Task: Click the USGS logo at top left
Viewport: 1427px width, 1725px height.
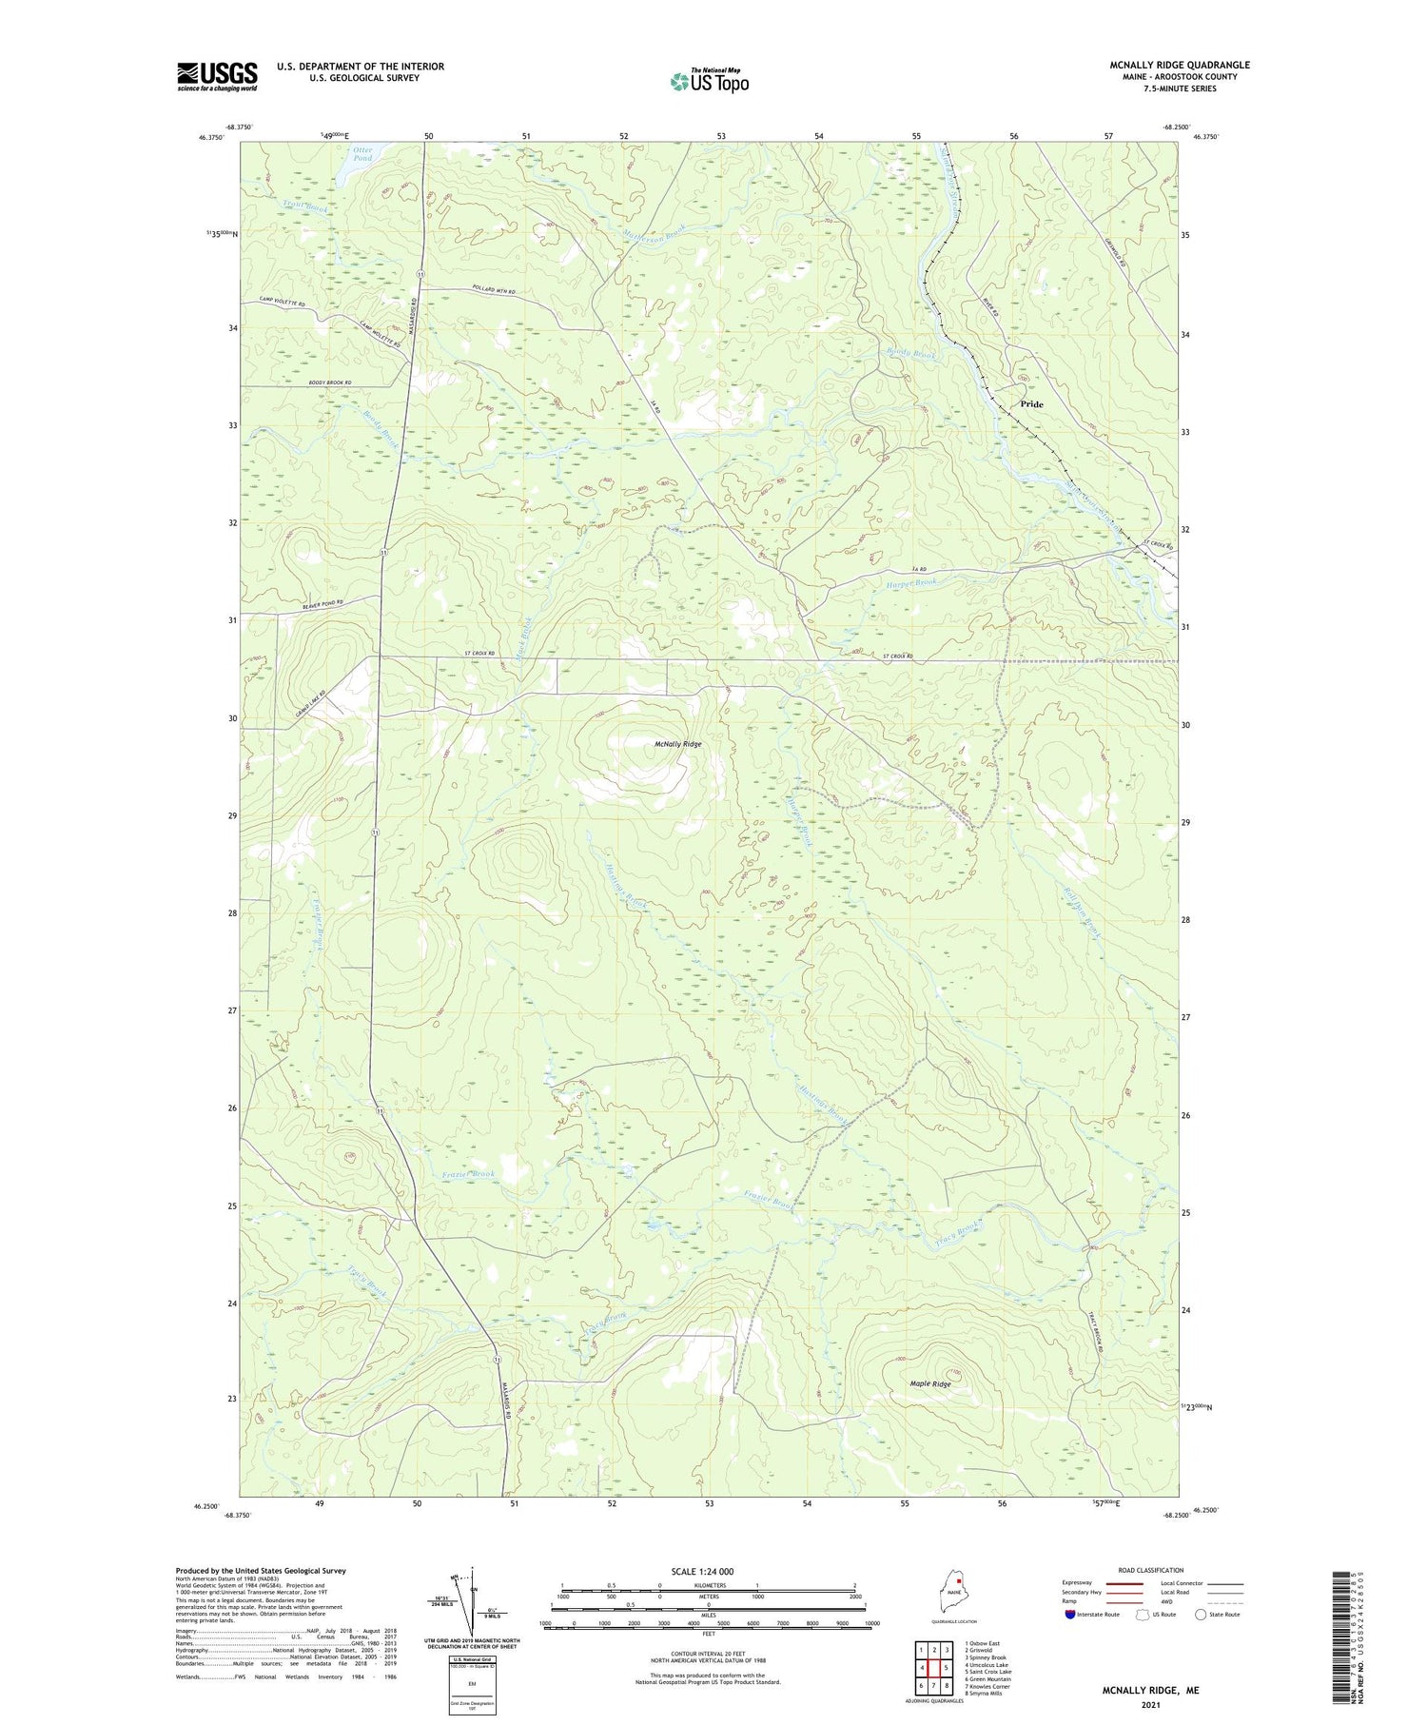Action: pos(217,75)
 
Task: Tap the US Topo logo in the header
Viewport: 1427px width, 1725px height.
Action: pos(709,81)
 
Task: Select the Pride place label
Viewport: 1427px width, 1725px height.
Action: pos(1031,404)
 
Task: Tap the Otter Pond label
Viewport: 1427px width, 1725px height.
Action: pos(362,153)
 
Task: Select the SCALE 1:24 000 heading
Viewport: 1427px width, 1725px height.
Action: pos(708,1571)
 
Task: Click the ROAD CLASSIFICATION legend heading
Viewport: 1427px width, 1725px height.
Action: pos(1151,1569)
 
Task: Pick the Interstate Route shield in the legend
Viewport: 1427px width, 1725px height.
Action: pos(1070,1614)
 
